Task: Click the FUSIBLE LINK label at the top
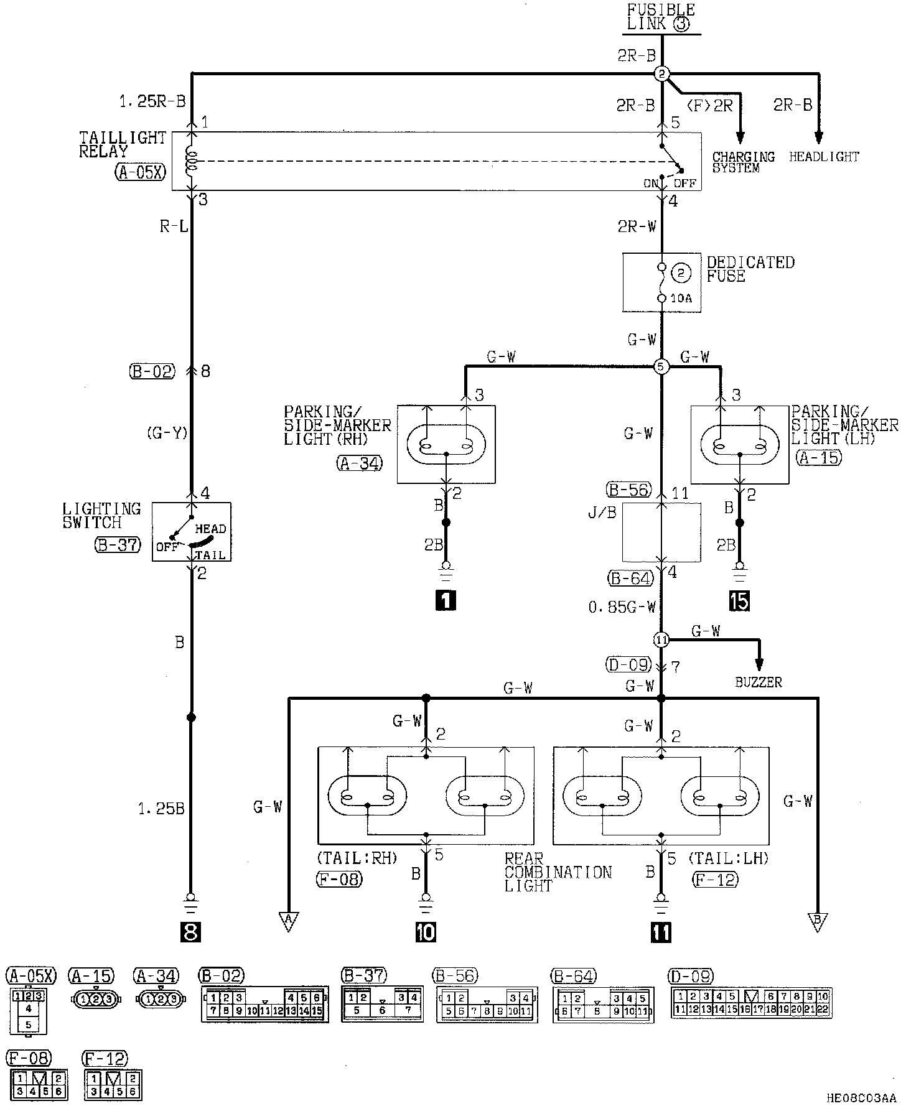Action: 661,17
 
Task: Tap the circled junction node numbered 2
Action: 661,74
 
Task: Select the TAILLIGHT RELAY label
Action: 122,144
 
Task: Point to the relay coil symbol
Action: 192,160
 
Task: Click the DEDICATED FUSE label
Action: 750,269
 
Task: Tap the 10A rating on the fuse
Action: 681,299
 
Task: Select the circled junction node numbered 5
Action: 661,367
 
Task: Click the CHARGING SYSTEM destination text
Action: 743,162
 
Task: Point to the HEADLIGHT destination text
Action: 824,157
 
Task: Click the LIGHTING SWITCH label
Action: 101,516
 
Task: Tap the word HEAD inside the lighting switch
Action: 210,529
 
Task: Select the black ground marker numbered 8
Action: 190,932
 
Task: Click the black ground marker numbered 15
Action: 739,601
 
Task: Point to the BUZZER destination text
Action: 758,682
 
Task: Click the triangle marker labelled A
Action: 289,922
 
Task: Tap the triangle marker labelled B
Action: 817,922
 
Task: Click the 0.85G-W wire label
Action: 622,607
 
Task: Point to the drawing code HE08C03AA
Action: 861,1099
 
